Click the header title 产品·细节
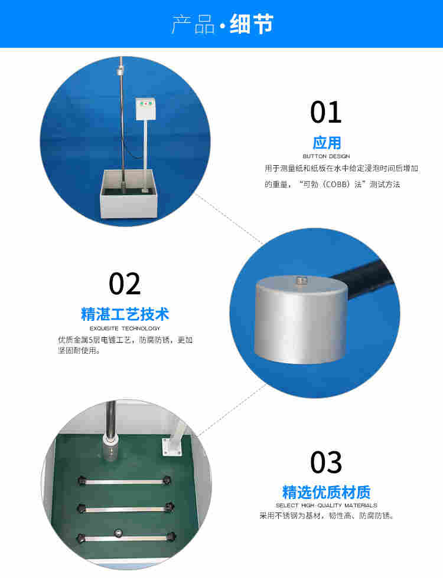222,24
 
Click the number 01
326,112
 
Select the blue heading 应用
326,143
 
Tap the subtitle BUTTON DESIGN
326,156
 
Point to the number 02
125,284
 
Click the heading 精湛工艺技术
125,314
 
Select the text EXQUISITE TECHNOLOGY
125,328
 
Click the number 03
326,462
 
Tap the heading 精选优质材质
326,492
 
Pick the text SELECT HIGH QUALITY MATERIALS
326,505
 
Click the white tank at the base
129,194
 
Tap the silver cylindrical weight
301,319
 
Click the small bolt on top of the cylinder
302,281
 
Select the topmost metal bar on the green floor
125,481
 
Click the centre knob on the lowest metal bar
118,533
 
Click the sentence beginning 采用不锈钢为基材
326,515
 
